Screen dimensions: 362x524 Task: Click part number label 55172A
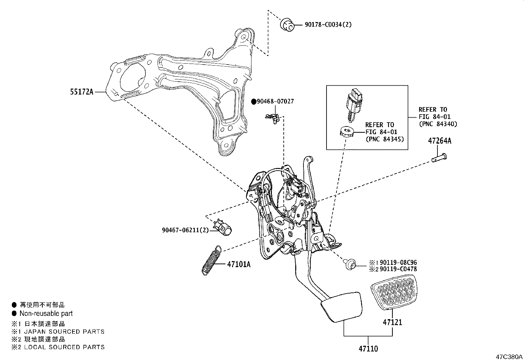(x=81, y=92)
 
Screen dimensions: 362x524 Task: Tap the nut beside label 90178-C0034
(x=287, y=25)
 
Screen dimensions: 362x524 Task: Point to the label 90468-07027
(x=275, y=101)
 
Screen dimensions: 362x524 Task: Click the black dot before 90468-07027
(x=254, y=101)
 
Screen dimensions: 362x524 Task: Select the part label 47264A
(x=439, y=141)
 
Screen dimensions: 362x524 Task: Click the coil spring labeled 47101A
(x=211, y=260)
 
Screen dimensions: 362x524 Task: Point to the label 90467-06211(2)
(x=185, y=230)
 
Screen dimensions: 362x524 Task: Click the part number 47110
(x=368, y=348)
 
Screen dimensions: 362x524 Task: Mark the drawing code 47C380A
(x=509, y=357)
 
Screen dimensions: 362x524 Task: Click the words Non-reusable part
(x=46, y=314)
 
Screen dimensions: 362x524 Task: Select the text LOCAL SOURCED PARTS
(x=65, y=347)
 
